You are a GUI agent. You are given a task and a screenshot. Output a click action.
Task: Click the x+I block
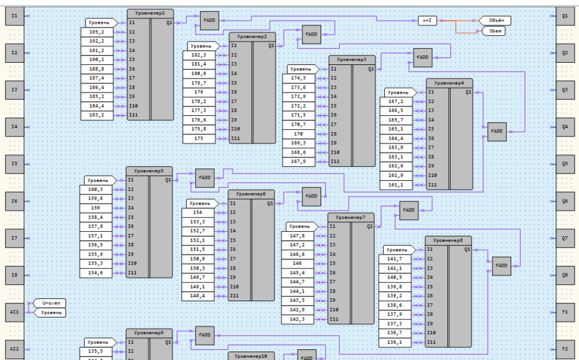427,21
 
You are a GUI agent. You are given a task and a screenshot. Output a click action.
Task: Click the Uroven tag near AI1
51,303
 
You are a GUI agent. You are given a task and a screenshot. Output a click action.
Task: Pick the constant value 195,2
97,32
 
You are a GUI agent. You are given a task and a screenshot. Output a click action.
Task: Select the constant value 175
199,138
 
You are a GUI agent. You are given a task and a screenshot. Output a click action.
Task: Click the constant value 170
299,134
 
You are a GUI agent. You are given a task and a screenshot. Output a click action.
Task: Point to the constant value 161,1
396,185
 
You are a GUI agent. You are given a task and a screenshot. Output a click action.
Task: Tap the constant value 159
97,208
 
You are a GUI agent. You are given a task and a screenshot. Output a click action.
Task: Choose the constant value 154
198,212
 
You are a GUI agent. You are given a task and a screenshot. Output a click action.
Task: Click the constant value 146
297,263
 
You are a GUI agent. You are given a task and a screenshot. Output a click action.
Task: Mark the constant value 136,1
395,342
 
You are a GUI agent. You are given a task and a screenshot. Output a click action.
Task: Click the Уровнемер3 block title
352,59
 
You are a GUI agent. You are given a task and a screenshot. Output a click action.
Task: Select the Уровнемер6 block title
251,194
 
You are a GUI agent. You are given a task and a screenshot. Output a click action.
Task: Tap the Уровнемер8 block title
448,240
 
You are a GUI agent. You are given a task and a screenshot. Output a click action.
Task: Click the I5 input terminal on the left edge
15,164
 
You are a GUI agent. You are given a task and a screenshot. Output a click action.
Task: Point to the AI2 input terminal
15,349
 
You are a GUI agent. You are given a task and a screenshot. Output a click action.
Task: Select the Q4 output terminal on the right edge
564,127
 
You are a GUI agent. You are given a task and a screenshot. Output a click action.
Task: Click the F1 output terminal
564,312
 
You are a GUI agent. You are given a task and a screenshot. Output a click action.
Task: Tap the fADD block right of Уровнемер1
209,21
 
